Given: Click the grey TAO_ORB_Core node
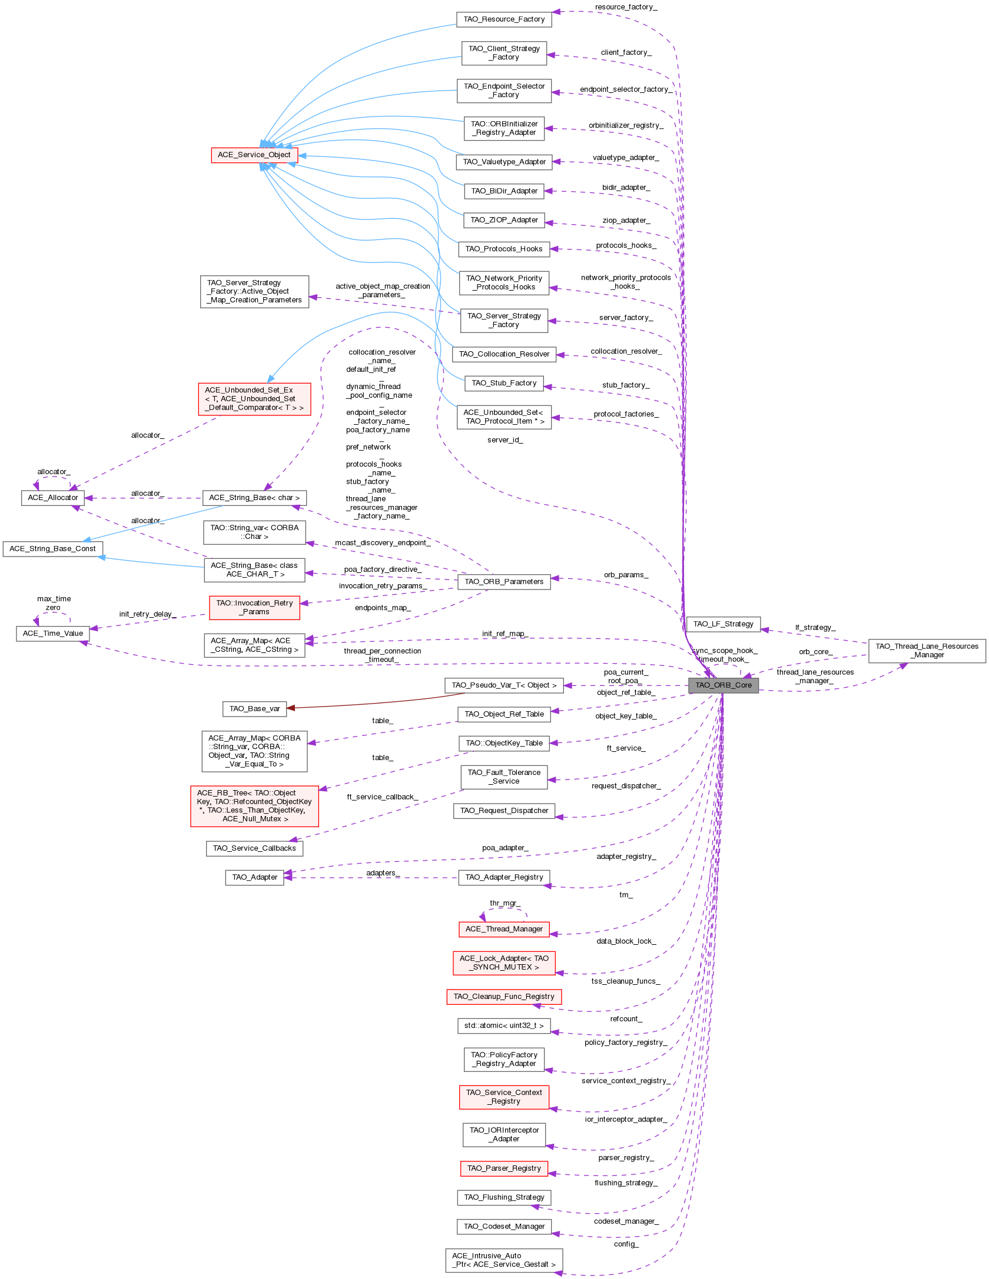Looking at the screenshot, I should point(724,685).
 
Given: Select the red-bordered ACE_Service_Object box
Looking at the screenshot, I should point(254,155).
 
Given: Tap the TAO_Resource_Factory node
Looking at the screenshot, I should point(504,19).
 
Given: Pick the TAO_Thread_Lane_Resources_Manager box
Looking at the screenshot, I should point(927,651).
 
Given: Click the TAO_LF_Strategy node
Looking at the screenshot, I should point(723,624).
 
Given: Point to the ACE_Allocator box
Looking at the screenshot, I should point(52,498).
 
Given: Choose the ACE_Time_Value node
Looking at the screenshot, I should point(52,634).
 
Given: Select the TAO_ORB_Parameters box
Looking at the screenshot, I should point(504,582).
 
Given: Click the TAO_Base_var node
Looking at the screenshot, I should point(254,709).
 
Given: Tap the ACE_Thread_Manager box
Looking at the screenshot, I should point(504,930).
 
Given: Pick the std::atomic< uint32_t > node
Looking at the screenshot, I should point(504,1026).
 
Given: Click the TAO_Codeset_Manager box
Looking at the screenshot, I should point(504,1227).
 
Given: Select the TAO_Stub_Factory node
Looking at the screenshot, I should point(504,384).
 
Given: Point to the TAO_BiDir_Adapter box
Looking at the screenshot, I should point(504,191).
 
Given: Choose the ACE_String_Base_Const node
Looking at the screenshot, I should point(52,549).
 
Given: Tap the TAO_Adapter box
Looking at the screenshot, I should point(254,878).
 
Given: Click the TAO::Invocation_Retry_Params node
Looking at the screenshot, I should point(254,608).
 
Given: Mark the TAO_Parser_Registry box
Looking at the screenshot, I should point(504,1168).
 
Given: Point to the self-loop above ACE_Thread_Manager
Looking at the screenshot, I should point(504,910).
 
